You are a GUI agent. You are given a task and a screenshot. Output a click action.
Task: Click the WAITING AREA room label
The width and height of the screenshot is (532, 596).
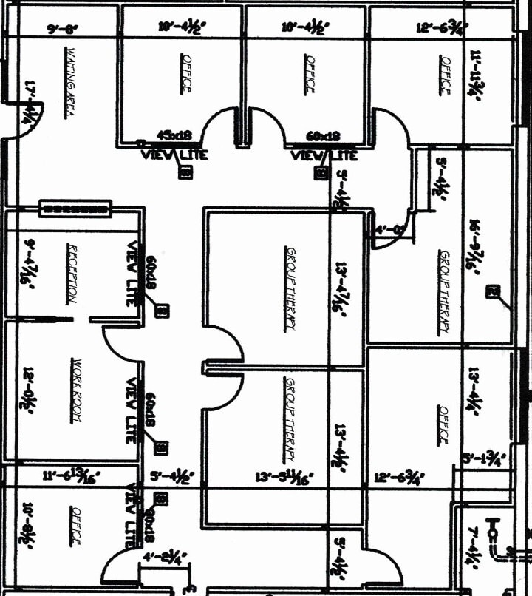(x=72, y=81)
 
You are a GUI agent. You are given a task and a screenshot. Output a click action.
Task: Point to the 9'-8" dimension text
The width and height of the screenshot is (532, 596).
(x=62, y=30)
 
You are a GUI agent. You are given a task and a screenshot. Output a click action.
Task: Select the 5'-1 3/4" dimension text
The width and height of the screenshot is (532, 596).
(x=483, y=458)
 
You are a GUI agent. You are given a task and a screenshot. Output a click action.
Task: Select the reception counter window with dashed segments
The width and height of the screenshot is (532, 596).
(x=75, y=209)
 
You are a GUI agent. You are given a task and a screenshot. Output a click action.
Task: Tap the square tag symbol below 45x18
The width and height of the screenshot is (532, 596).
(x=185, y=172)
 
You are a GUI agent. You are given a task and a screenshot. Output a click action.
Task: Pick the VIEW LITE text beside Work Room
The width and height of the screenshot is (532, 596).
(x=132, y=411)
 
